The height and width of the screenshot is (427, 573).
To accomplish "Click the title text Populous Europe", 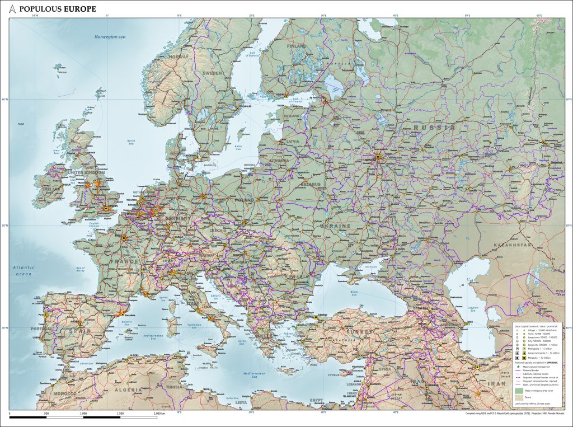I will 57,9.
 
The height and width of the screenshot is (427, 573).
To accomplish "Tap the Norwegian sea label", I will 110,37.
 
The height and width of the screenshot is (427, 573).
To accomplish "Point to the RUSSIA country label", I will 434,128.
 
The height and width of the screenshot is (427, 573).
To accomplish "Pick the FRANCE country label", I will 124,261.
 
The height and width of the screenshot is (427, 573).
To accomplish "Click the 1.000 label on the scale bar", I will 83,414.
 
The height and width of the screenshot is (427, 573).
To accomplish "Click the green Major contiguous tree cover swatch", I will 519,391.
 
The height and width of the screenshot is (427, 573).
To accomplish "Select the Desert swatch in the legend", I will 519,397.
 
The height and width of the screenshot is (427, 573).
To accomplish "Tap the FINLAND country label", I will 297,46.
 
